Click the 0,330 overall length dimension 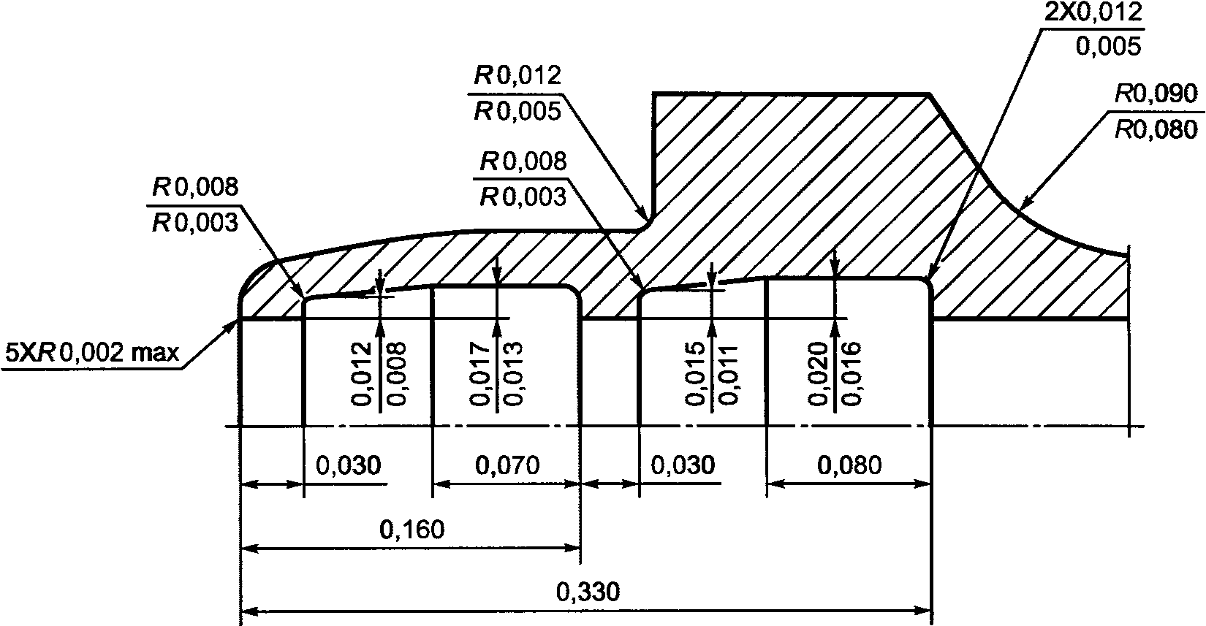pyautogui.click(x=588, y=591)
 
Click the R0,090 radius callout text pyautogui.click(x=1156, y=95)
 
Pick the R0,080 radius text pyautogui.click(x=1156, y=129)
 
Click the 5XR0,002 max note pyautogui.click(x=92, y=354)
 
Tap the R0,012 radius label pyautogui.click(x=517, y=75)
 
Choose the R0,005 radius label pyautogui.click(x=517, y=110)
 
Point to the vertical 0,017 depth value pyautogui.click(x=480, y=373)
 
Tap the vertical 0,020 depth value pyautogui.click(x=818, y=373)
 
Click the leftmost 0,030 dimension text pyautogui.click(x=347, y=465)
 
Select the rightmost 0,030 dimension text pyautogui.click(x=683, y=465)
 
